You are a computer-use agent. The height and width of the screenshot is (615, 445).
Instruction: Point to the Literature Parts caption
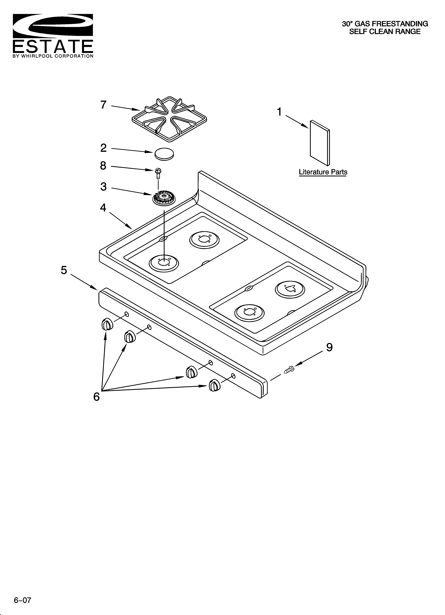click(x=323, y=172)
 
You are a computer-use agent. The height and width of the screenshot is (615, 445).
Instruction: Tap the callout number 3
click(x=103, y=187)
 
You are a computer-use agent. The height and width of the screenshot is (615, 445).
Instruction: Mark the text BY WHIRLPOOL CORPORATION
click(x=53, y=56)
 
